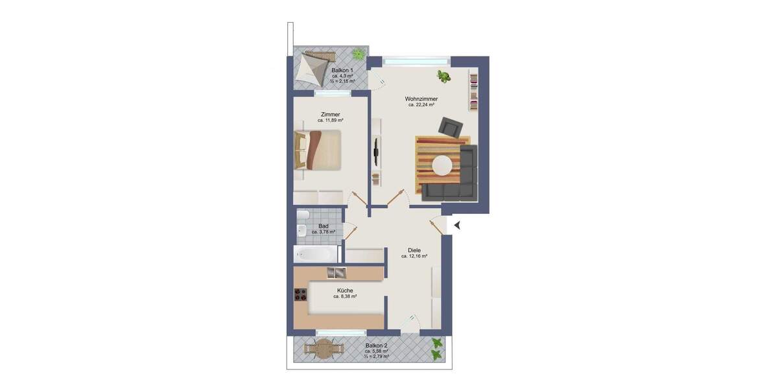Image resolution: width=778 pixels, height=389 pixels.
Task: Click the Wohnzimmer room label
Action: point(420,98)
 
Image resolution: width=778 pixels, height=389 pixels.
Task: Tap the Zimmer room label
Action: point(330,114)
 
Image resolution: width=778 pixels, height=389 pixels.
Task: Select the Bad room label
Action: point(323,226)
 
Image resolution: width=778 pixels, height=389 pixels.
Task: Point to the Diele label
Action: point(414,250)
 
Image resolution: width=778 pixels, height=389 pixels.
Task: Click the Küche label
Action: point(345,290)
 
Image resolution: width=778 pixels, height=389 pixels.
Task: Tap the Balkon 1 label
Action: point(342,70)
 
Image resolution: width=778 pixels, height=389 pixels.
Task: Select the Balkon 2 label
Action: point(377,346)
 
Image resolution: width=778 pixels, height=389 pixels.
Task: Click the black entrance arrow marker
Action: point(457,225)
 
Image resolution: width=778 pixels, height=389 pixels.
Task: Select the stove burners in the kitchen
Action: point(300,295)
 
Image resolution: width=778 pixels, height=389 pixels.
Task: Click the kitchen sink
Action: point(336,273)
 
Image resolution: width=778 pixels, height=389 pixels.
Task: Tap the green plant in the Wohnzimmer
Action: point(444,77)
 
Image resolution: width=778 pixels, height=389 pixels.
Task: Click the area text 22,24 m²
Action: point(421,104)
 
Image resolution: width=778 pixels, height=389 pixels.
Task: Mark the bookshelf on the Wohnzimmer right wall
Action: point(474,91)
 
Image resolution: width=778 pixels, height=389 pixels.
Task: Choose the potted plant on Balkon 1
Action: point(357,53)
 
